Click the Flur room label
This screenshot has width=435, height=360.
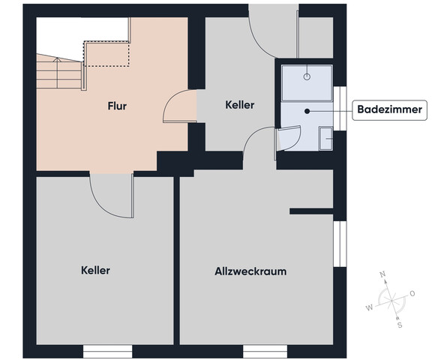click(x=116, y=106)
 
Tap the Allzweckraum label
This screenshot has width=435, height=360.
click(x=250, y=271)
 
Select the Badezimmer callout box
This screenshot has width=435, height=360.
click(x=388, y=110)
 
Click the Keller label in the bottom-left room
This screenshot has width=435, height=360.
click(x=96, y=270)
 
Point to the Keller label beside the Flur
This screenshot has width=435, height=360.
click(x=239, y=106)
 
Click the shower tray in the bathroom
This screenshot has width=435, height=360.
click(x=307, y=82)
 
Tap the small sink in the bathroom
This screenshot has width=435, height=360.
click(x=325, y=139)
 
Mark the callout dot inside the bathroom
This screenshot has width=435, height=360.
click(x=307, y=110)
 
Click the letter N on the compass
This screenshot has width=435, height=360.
click(x=383, y=274)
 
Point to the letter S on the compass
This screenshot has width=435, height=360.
click(x=400, y=325)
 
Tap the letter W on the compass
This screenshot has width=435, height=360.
click(x=368, y=307)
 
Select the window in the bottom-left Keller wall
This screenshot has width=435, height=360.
click(x=108, y=351)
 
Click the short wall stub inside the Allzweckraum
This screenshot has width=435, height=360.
click(x=311, y=211)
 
